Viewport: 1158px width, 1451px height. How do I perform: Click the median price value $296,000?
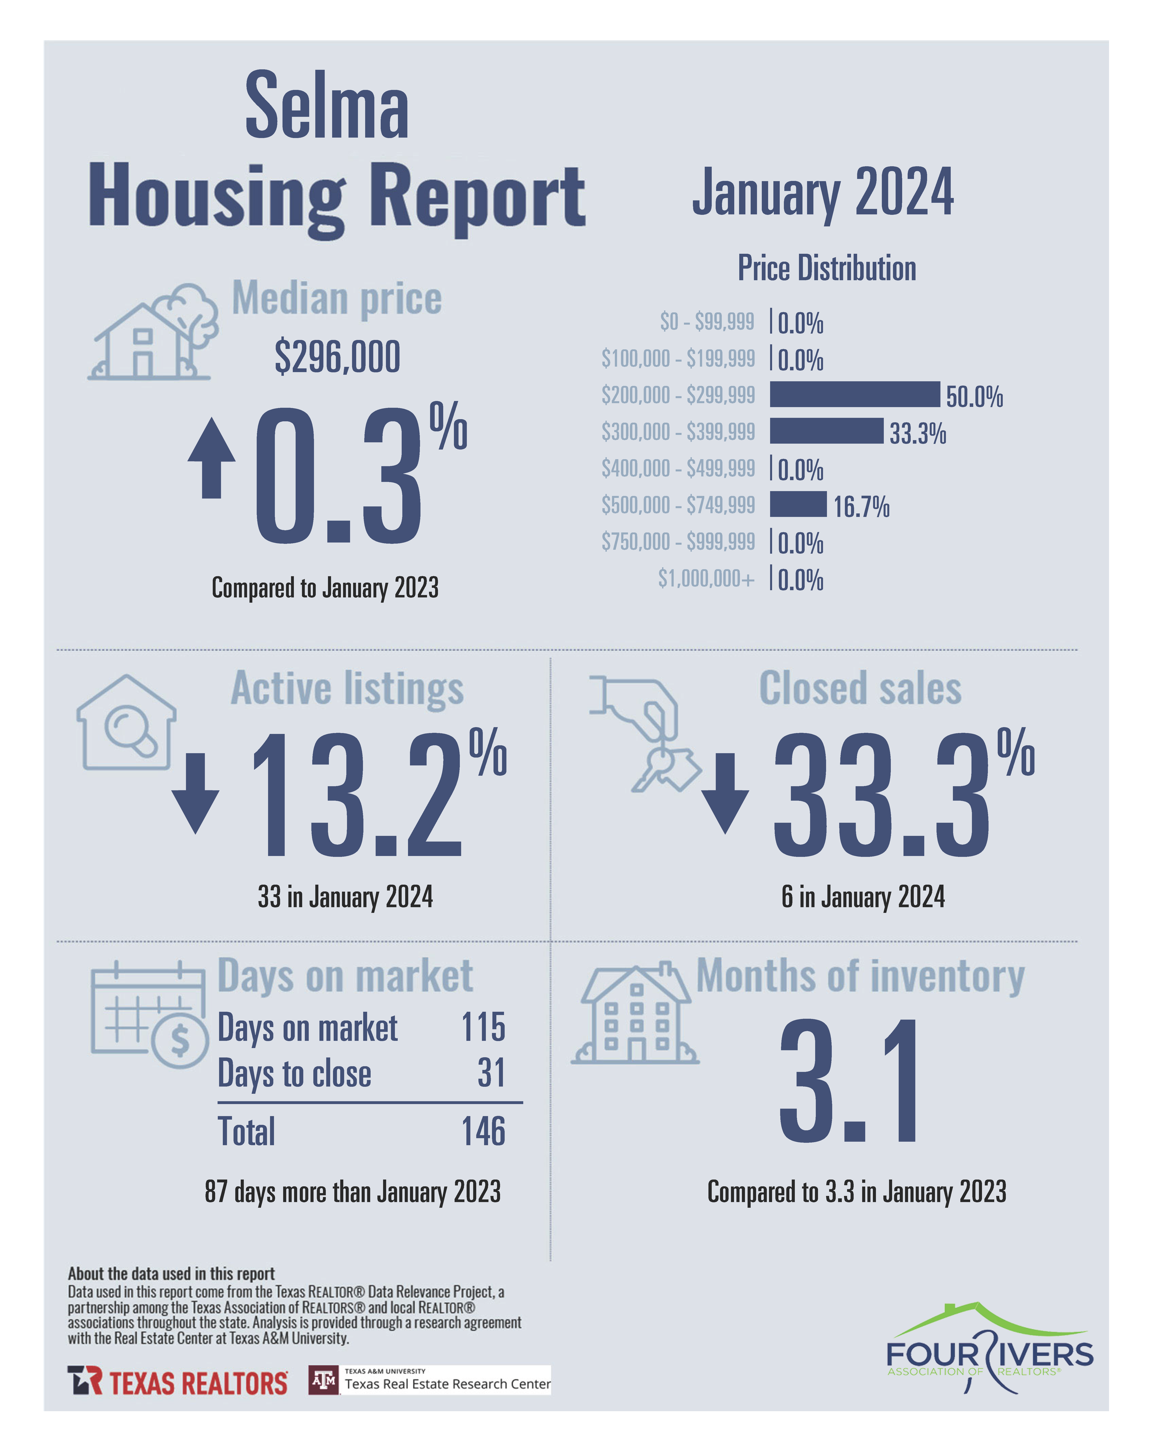click(x=337, y=357)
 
